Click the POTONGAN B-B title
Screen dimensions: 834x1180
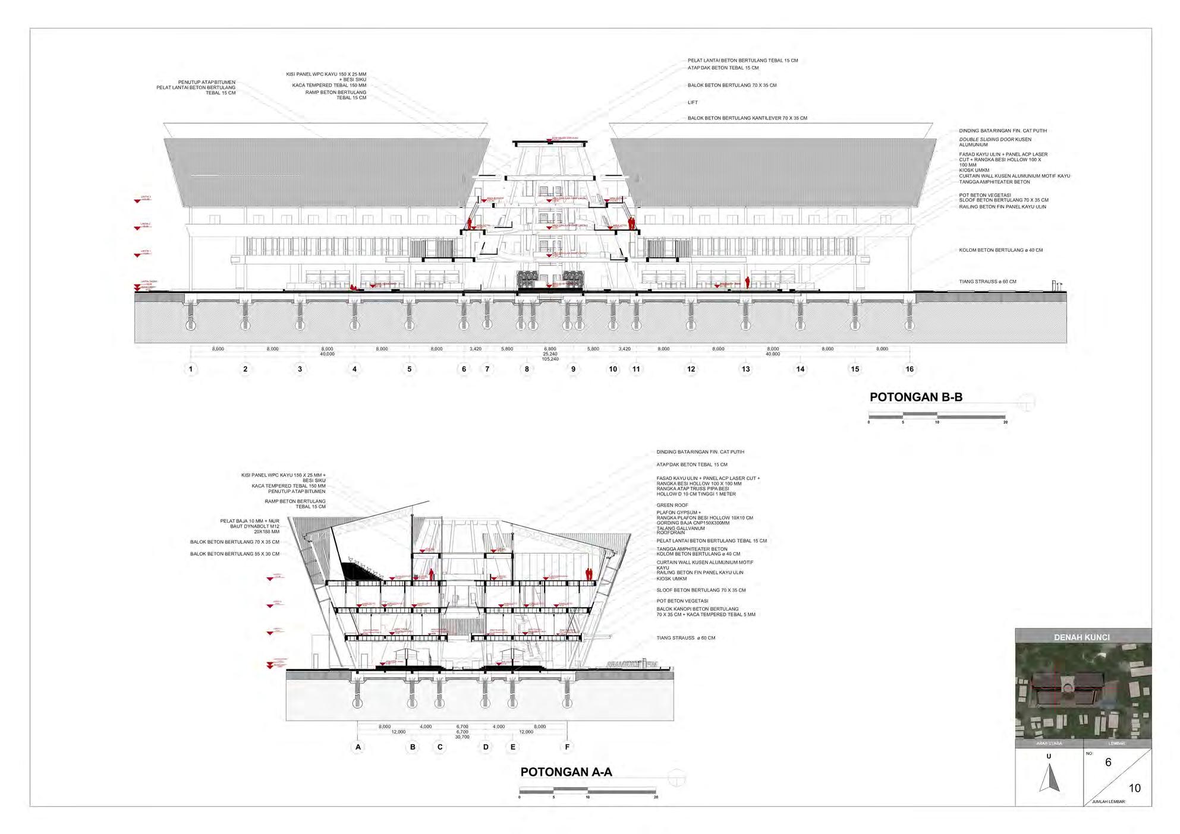[x=915, y=397]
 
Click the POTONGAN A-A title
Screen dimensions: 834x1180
[x=566, y=772]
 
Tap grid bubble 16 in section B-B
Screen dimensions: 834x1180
[x=910, y=369]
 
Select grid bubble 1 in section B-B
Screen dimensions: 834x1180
[x=191, y=369]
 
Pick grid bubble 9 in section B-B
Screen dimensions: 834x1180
[x=573, y=369]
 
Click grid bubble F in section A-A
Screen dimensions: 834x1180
[x=567, y=747]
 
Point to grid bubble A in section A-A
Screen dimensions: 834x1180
[x=358, y=747]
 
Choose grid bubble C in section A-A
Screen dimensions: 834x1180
[x=440, y=747]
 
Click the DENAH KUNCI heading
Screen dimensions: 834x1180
[x=1081, y=637]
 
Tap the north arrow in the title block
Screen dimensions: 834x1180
[x=1049, y=778]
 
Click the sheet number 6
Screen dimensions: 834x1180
[x=1107, y=762]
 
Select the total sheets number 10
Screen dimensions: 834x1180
[x=1134, y=788]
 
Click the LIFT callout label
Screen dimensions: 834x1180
[x=693, y=102]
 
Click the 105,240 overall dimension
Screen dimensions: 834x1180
[x=550, y=359]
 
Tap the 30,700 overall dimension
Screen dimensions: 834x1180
[x=462, y=737]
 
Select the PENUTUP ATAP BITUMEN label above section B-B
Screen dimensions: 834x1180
[x=206, y=82]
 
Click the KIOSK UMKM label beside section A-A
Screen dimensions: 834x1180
[x=671, y=579]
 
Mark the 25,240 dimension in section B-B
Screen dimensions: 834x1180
[x=550, y=354]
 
